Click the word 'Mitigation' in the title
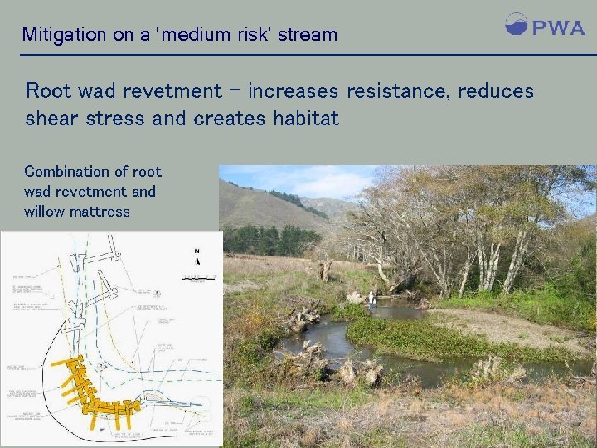coord(63,35)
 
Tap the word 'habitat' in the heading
coord(304,119)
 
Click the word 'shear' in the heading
coord(54,119)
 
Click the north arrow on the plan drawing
coord(197,256)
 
